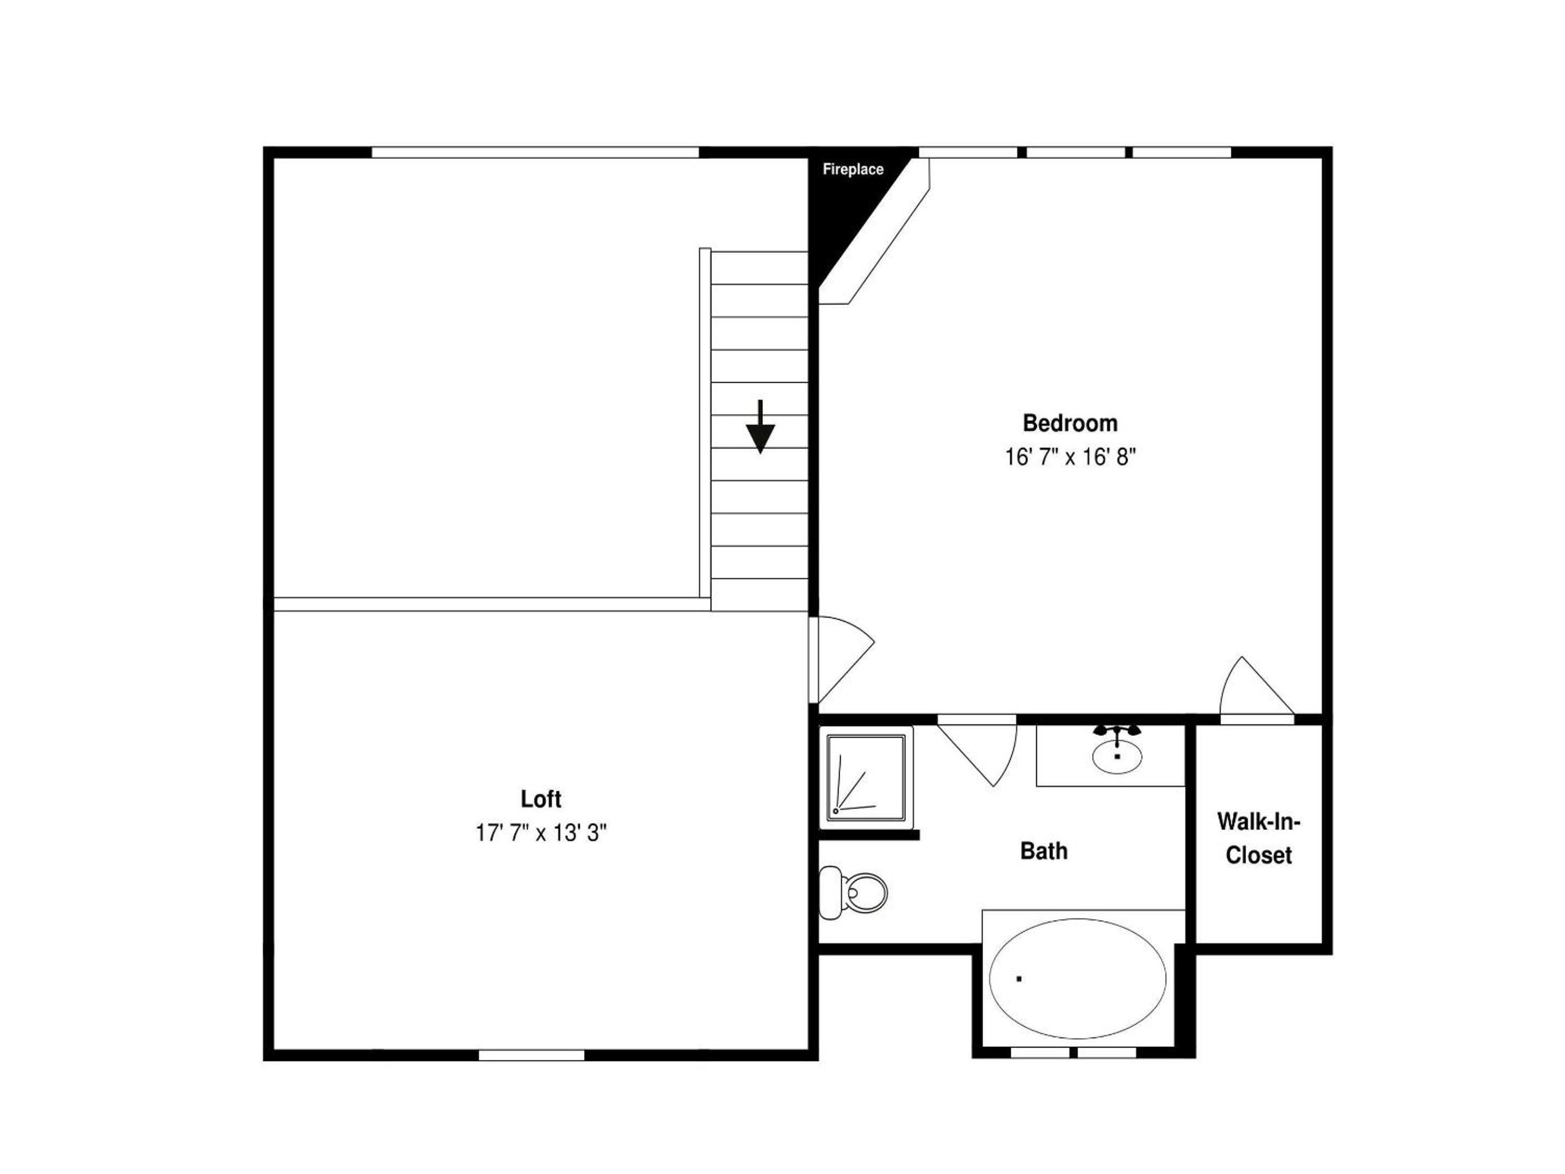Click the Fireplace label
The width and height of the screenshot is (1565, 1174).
[853, 169]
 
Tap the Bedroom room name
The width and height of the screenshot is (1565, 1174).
[1070, 423]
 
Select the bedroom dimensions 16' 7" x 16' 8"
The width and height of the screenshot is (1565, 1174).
[1070, 457]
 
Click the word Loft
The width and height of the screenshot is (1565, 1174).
[541, 799]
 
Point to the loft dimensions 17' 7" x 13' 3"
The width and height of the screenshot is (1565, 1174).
[541, 833]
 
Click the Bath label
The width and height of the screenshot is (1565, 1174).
[1043, 851]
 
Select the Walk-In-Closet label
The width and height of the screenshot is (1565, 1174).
[1259, 838]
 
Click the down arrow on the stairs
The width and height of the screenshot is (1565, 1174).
[760, 427]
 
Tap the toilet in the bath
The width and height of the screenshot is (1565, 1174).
[853, 892]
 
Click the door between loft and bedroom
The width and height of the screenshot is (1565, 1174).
[842, 661]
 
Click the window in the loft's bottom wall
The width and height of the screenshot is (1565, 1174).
[531, 1055]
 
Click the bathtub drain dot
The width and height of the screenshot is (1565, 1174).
[1019, 979]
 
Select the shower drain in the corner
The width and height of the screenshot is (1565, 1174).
[836, 811]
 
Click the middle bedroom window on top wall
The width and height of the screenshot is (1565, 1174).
[1075, 152]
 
